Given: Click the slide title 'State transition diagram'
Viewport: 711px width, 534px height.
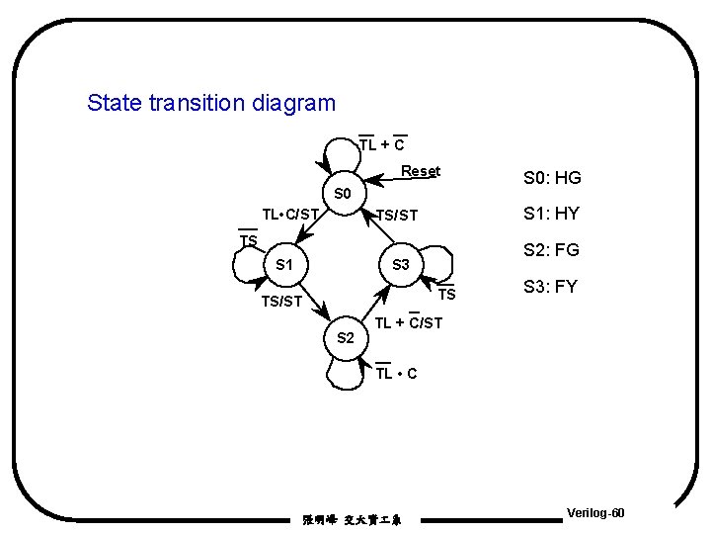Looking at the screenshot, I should tap(211, 103).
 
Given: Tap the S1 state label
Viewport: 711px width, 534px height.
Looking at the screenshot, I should tap(284, 265).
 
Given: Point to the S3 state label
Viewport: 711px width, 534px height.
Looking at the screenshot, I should tap(401, 265).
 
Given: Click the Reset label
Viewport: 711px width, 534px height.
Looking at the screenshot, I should tap(421, 171).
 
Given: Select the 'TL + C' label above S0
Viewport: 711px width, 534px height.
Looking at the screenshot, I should tap(381, 145).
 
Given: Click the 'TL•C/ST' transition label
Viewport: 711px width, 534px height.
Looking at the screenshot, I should tap(290, 214).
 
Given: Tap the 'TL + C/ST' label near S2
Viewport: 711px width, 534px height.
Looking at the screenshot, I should tap(409, 322).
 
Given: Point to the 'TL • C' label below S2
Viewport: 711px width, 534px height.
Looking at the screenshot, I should tap(396, 373).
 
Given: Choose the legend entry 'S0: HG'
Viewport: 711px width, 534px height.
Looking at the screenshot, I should tap(551, 179).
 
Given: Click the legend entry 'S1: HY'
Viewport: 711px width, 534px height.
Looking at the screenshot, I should tap(551, 214).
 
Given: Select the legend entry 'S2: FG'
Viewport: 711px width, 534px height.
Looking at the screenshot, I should tap(551, 250).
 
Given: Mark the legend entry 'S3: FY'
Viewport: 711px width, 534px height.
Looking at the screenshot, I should tap(551, 288).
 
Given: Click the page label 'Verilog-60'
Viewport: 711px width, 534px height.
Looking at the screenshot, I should tap(595, 513).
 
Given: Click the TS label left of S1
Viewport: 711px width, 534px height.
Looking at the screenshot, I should tap(248, 241).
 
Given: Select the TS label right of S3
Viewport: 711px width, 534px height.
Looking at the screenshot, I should tap(446, 295).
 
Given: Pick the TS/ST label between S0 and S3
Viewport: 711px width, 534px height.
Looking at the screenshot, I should tap(396, 216).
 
